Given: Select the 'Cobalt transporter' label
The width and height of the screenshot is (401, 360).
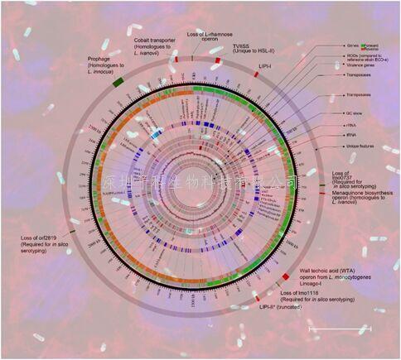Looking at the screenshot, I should coord(155,44).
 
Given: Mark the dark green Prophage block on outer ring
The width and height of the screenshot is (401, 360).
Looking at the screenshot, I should coord(118,79).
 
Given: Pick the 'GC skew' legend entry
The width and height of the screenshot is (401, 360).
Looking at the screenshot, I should coord(359,112).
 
